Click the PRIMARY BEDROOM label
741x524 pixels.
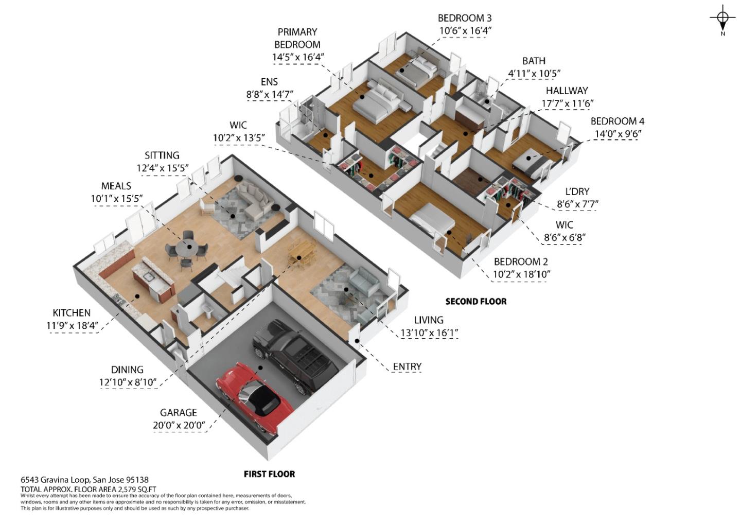click(297, 38)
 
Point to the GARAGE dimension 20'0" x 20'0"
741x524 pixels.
click(179, 426)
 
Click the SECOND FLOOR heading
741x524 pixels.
click(475, 302)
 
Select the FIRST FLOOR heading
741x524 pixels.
click(269, 474)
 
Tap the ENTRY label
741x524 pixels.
click(407, 366)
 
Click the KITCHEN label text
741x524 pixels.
click(72, 313)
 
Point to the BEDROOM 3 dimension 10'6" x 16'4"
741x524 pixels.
click(465, 31)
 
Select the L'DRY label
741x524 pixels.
click(577, 191)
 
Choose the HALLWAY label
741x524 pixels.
click(567, 91)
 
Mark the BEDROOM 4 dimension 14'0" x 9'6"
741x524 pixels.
click(617, 134)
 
